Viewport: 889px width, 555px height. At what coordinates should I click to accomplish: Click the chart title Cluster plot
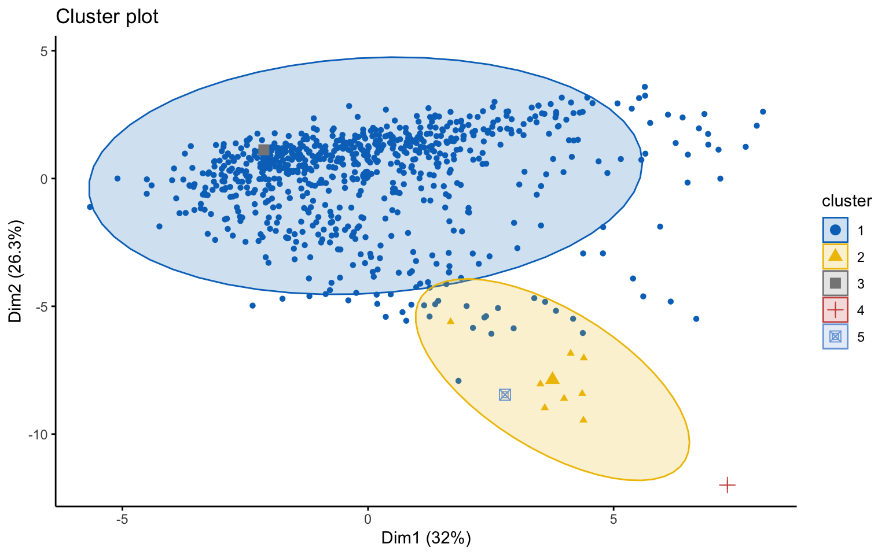pos(107,17)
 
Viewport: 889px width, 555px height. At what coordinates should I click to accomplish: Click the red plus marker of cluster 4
pos(727,485)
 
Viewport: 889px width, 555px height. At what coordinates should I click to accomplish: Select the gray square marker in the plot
pos(264,150)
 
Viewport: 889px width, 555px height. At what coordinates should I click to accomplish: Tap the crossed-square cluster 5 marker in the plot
pos(505,395)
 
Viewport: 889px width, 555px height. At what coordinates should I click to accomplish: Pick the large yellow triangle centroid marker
pos(553,379)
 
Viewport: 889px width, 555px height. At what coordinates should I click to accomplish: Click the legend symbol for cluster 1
pos(835,230)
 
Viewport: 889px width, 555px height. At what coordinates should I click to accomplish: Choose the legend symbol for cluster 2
pos(835,257)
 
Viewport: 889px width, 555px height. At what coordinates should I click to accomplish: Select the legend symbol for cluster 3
pos(835,283)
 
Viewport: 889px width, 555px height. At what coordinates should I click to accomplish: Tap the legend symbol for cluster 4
pos(835,310)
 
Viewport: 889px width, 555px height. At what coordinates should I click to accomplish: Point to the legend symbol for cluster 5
pos(835,336)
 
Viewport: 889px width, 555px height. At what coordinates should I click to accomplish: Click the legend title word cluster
pos(847,201)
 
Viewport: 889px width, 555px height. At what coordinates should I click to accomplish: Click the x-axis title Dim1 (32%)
pos(426,538)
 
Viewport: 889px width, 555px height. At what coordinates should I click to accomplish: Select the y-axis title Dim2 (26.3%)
pos(16,271)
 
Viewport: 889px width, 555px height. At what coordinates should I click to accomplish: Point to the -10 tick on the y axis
pos(38,434)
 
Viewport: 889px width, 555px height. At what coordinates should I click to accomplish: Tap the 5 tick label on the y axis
pos(43,51)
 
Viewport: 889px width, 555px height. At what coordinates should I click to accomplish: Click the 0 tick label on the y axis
pos(43,179)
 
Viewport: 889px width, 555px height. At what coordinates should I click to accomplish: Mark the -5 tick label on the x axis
pos(122,519)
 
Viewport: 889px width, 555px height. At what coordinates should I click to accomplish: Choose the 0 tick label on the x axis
pos(368,519)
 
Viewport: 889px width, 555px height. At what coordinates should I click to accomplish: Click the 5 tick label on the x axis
pos(613,519)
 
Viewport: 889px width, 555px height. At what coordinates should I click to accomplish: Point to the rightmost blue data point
pos(763,112)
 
